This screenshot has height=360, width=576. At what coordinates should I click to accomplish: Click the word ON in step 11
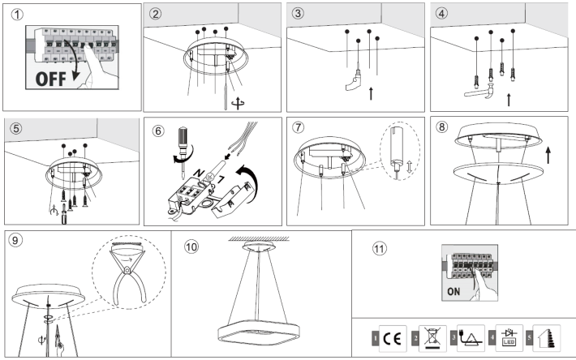(457, 288)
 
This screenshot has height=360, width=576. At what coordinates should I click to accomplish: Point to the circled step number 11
(380, 248)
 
